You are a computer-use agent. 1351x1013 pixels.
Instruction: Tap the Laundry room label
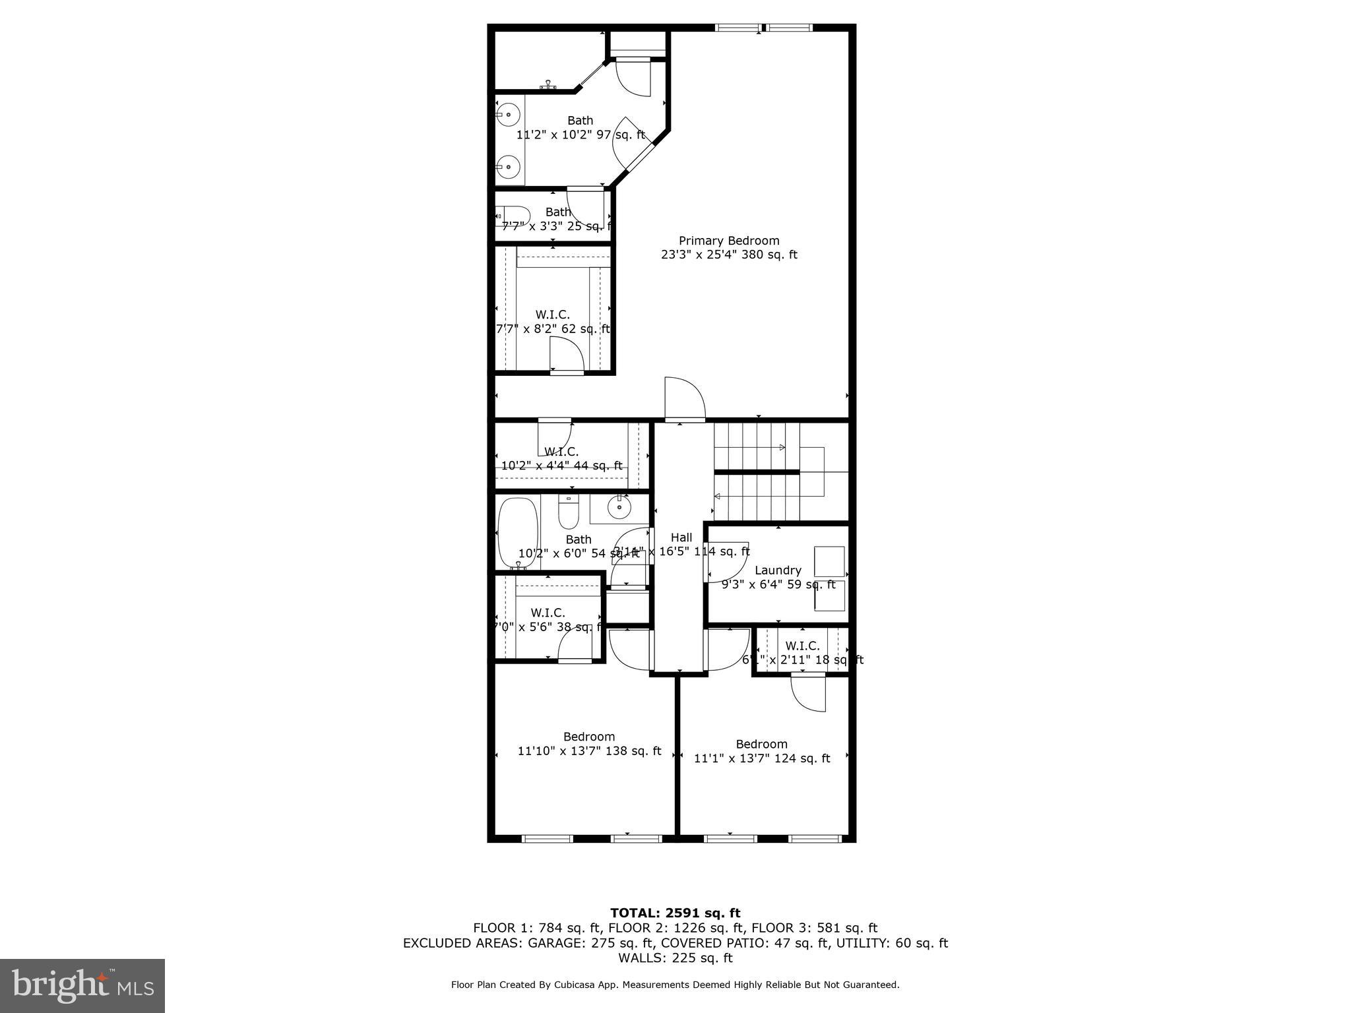(778, 570)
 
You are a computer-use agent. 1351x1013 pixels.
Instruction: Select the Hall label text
(681, 537)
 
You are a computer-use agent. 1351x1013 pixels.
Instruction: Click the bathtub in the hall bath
(518, 533)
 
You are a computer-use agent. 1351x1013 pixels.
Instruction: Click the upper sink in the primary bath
(508, 115)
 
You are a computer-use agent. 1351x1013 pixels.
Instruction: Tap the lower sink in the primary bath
(508, 167)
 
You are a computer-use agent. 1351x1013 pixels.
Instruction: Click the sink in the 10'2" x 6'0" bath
(619, 507)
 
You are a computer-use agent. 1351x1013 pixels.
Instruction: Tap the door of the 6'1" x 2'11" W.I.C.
(808, 693)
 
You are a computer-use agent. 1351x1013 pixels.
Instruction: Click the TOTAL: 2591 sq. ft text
(675, 913)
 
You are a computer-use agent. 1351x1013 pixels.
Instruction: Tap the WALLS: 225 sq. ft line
(675, 958)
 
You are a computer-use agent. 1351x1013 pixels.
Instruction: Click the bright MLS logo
(82, 986)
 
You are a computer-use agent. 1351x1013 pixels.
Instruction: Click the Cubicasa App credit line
(675, 985)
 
